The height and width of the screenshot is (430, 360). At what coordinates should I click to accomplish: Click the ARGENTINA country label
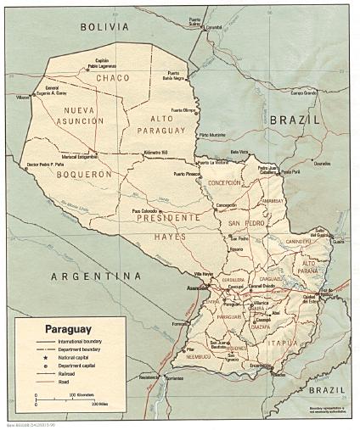(94, 276)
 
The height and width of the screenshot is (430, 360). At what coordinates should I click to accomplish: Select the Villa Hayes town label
(204, 274)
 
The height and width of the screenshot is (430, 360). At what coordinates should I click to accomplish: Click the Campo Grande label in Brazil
(303, 92)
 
